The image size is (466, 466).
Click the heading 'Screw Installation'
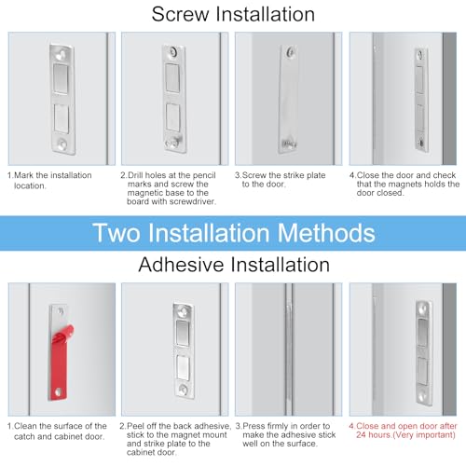click(233, 15)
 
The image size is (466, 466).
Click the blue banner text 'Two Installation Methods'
click(234, 233)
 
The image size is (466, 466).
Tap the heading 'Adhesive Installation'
click(234, 265)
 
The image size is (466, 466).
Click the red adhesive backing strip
click(61, 362)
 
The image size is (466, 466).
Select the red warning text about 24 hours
click(403, 431)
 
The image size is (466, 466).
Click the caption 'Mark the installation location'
click(49, 181)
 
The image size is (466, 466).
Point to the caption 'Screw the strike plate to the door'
click(281, 180)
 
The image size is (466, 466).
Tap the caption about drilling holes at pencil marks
click(169, 188)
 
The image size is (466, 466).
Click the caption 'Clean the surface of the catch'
click(57, 431)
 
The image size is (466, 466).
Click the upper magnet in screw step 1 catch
click(61, 78)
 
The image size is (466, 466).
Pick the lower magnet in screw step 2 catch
click(173, 117)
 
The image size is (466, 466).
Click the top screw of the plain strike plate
click(291, 52)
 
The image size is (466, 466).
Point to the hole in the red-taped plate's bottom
click(58, 392)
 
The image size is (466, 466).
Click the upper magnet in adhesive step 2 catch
click(184, 333)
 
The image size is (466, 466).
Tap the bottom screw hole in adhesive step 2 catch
click(184, 390)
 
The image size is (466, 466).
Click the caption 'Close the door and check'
click(404, 184)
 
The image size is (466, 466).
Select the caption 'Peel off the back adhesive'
click(175, 439)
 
